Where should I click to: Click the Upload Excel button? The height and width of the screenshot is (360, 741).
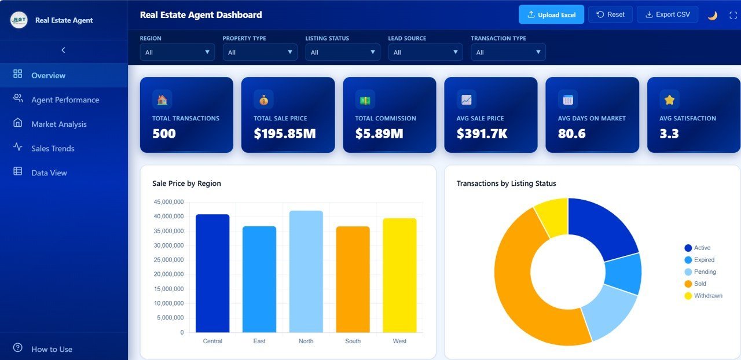(552, 14)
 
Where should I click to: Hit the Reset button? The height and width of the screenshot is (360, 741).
(610, 14)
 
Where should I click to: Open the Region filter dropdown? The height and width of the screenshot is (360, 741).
(177, 52)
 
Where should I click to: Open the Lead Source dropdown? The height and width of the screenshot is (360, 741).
(425, 52)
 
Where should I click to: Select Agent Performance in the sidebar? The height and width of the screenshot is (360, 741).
(65, 100)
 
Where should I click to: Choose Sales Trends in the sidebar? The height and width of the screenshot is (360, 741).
(53, 148)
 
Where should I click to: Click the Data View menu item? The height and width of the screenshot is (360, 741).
(49, 172)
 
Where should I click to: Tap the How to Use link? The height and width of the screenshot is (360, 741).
(52, 349)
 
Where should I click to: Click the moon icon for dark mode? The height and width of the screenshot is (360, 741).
(712, 15)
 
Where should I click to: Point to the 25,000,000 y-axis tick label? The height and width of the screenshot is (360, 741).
(168, 260)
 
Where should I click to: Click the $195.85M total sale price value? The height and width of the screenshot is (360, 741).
(284, 134)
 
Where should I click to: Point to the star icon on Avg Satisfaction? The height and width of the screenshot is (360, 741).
(669, 100)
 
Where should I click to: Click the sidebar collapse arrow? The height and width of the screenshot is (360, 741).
(64, 50)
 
